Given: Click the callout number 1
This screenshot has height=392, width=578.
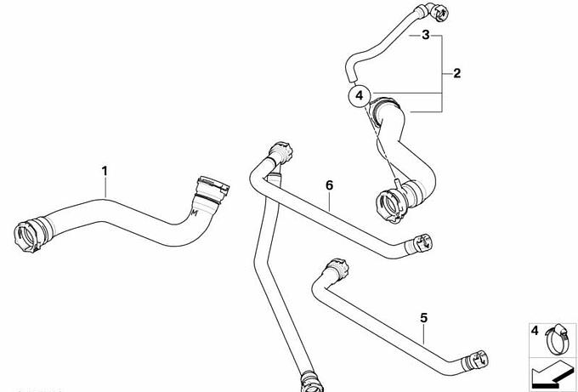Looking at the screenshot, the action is click(105, 171).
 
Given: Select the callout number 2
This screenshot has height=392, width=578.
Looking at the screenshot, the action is click(456, 73).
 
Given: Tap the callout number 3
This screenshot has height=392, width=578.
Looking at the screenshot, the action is click(426, 35).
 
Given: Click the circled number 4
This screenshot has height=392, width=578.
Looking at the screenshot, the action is click(360, 96).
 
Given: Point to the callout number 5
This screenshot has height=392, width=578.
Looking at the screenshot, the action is click(424, 318).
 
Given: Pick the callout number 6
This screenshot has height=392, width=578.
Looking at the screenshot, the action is click(329, 185).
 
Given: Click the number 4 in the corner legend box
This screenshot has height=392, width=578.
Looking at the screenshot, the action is click(535, 331).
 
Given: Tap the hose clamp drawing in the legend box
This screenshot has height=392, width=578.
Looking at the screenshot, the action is click(557, 338).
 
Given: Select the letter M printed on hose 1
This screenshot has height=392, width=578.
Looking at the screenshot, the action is click(195, 213).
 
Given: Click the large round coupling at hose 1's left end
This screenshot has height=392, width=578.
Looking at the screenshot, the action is click(29, 236).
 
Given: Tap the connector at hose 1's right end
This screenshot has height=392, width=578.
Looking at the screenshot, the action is click(212, 190).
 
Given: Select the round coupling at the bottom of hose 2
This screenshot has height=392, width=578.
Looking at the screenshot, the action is click(392, 205).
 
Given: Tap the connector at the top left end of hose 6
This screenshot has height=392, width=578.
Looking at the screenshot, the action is click(280, 152).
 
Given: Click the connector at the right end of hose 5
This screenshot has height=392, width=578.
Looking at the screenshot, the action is click(476, 360).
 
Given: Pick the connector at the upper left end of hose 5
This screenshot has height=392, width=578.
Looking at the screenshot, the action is click(337, 269).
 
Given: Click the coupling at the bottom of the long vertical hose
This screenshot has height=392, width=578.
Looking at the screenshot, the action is click(312, 381).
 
